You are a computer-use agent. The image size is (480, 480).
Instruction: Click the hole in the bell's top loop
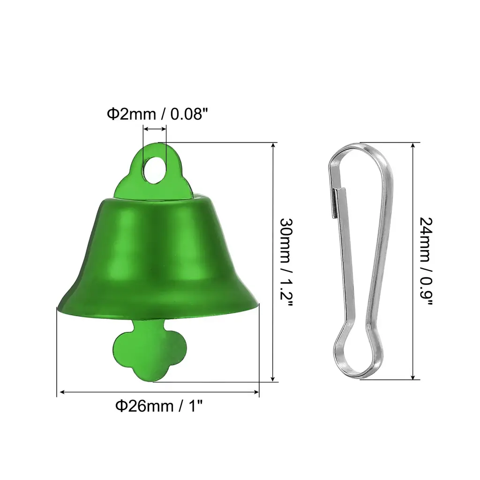point(155,171)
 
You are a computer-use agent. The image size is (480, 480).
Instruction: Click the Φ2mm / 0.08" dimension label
point(157,114)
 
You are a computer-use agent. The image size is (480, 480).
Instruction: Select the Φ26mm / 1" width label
point(159,406)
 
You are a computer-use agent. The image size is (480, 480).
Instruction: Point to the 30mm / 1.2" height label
point(286,262)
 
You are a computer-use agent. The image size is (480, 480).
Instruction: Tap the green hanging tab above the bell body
point(153,172)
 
